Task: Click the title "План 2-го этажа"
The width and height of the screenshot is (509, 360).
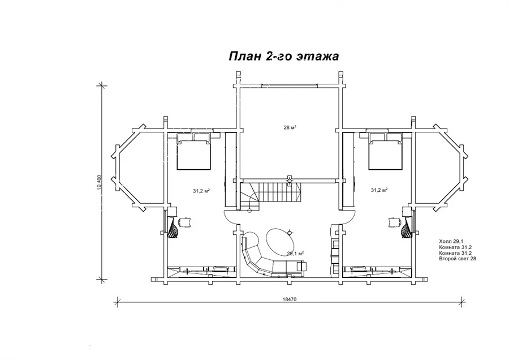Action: pos(284,56)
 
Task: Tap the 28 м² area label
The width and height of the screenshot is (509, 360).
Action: pos(290,127)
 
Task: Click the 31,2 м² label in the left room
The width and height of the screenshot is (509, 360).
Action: pos(201,191)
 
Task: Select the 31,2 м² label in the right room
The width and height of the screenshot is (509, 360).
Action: pos(379,190)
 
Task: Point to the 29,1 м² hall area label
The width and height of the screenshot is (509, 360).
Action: pos(295,253)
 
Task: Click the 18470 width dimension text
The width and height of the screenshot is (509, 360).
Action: pos(290,299)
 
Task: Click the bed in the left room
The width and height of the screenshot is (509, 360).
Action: pos(193,153)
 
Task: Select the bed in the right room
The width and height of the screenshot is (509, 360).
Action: pos(385,153)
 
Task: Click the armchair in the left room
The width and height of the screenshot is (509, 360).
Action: pos(184,222)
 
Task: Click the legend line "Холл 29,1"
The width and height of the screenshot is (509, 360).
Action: pos(451,241)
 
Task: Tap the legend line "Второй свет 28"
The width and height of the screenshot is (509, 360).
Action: pos(458,259)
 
